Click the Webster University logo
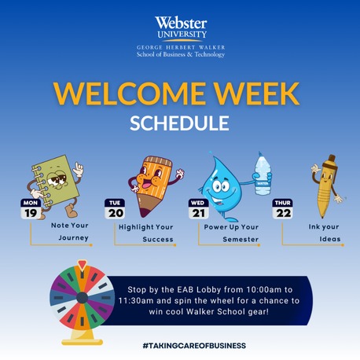[181, 37]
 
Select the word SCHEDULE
[179, 123]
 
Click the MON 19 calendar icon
[31, 209]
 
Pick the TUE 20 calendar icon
[115, 209]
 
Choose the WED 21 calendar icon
[199, 209]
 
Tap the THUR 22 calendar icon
[282, 209]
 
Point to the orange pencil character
[155, 185]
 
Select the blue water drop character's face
[221, 190]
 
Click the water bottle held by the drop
[263, 174]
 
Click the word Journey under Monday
[74, 238]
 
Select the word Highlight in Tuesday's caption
[136, 227]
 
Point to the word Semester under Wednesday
[241, 239]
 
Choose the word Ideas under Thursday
[330, 239]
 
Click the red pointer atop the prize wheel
[82, 265]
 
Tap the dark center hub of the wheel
[83, 298]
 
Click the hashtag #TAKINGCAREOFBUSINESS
[194, 346]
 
